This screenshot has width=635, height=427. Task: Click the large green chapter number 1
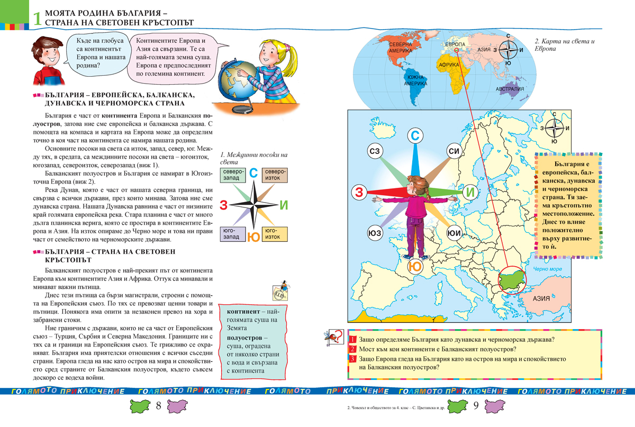36,19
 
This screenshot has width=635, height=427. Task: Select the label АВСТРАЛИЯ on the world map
510,89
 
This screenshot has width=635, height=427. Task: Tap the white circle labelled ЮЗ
375,233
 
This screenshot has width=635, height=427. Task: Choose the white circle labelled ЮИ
453,233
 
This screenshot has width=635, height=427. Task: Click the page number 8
159,406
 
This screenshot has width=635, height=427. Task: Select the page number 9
475,406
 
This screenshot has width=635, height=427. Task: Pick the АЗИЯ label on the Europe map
541,298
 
